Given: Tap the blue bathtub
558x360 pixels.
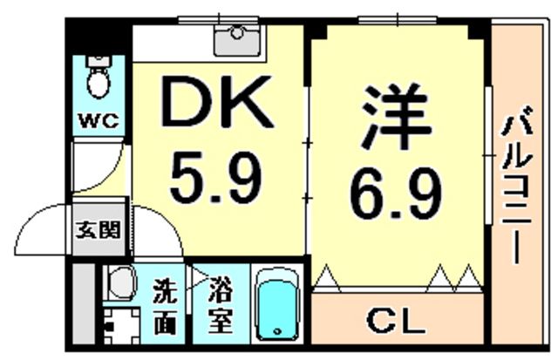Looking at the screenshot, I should point(277,304).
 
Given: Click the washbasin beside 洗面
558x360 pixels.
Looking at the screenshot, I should point(120,281).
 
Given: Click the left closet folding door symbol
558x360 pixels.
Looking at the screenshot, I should point(330,278).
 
